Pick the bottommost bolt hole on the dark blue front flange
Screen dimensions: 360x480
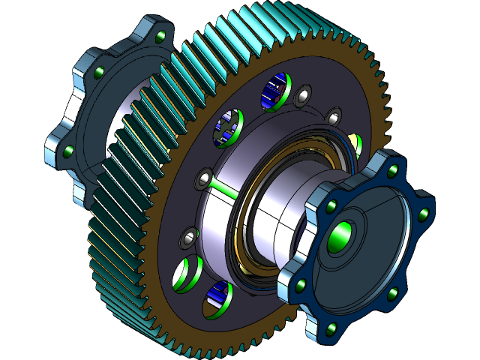pos(331,325)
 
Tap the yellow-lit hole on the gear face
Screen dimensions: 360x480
pos(355,143)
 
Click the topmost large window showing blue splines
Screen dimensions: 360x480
pos(274,91)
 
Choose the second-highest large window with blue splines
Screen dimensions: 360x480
pos(229,127)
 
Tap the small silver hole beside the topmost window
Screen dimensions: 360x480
pos(302,95)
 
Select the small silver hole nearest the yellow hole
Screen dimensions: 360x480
pos(333,117)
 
